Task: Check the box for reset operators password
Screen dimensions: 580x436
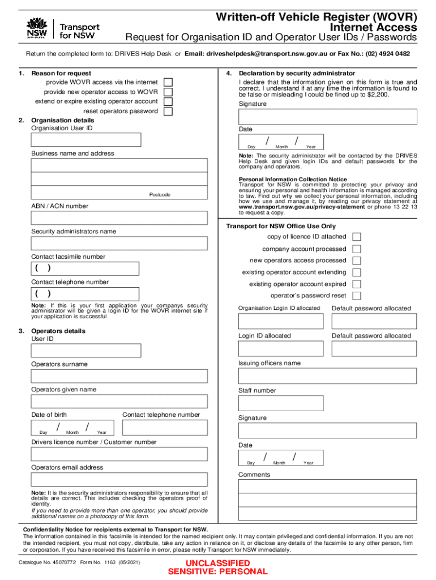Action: click(x=168, y=111)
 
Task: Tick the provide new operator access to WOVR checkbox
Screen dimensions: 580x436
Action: click(x=168, y=92)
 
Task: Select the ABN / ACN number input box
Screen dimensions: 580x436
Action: click(x=119, y=218)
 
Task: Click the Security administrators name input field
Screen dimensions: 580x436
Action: click(x=119, y=243)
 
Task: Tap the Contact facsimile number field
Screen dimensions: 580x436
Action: click(x=85, y=268)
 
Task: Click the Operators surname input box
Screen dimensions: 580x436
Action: click(x=119, y=376)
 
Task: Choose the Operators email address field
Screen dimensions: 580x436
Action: click(x=119, y=479)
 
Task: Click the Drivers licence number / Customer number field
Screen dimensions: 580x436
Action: click(x=119, y=454)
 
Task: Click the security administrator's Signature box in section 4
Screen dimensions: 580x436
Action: click(x=328, y=117)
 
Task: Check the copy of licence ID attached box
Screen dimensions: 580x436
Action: click(x=357, y=237)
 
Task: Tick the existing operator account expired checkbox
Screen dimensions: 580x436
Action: click(x=357, y=284)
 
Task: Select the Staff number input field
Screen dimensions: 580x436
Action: click(x=281, y=403)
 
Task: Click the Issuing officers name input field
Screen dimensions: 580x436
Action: click(x=328, y=376)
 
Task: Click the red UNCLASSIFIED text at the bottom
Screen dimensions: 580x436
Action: click(x=218, y=563)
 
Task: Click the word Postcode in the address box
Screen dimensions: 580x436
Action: click(x=159, y=195)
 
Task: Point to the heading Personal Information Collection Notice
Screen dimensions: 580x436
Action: click(x=293, y=180)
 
